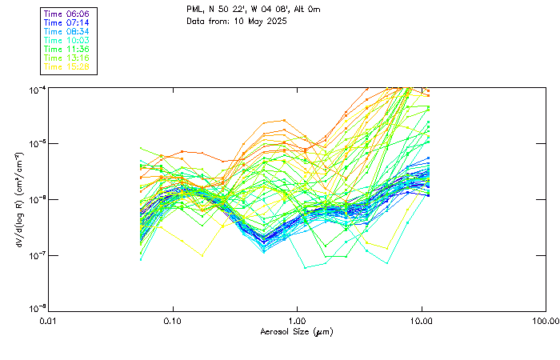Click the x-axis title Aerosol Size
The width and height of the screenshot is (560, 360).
296,331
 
